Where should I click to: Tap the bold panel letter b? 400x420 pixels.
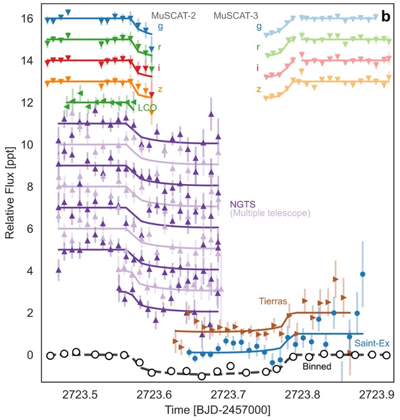coord(385,17)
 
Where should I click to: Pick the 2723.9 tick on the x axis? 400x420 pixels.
coord(380,393)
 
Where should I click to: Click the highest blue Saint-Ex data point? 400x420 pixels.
coord(363,274)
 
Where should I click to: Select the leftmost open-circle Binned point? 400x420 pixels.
coord(51,355)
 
